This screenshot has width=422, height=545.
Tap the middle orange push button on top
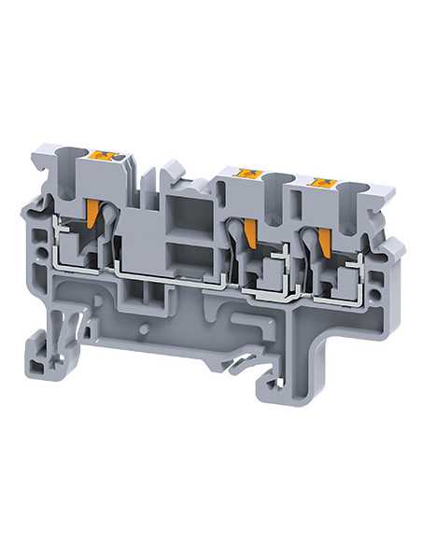(x=248, y=174)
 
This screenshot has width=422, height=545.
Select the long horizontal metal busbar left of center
(x=168, y=275)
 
